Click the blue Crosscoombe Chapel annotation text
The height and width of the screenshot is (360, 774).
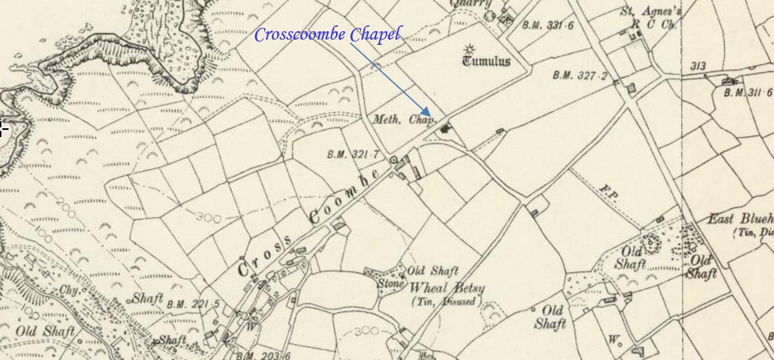327,34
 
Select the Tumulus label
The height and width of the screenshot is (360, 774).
486,62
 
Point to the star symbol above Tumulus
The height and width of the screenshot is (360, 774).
469,49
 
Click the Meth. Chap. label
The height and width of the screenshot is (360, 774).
404,120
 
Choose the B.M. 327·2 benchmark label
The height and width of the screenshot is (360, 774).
580,75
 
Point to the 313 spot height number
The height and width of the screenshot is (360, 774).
699,66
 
